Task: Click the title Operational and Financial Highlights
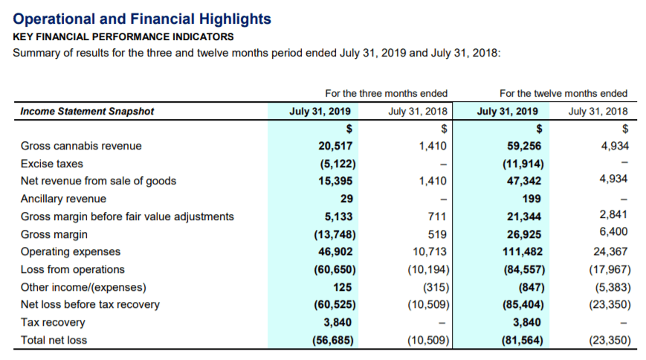click(142, 19)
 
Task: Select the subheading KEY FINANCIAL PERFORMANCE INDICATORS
click(123, 37)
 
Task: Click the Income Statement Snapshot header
click(87, 112)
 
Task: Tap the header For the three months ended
click(386, 94)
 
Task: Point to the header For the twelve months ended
click(563, 94)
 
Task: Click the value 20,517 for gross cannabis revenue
click(335, 146)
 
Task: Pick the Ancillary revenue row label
click(63, 199)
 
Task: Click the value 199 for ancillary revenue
click(532, 199)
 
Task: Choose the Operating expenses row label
click(71, 251)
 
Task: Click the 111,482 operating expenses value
click(523, 251)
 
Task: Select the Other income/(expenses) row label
click(83, 287)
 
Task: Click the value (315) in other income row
click(436, 287)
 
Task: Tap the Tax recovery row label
click(53, 322)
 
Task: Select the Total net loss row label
click(54, 340)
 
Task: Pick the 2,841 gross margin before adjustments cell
click(613, 214)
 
